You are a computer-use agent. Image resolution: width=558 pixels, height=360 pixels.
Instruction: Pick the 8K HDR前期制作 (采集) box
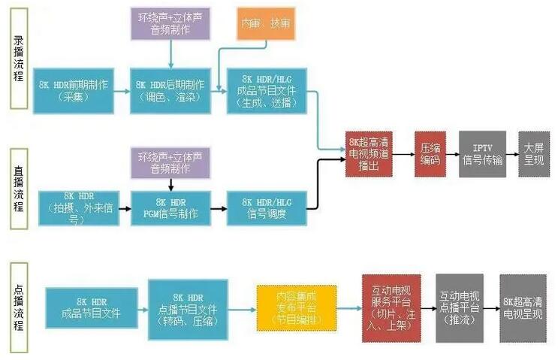[x=77, y=91]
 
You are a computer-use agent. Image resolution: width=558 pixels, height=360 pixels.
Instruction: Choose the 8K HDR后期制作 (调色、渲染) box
[x=172, y=91]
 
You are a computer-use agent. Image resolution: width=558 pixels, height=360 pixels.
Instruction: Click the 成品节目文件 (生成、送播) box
[x=268, y=91]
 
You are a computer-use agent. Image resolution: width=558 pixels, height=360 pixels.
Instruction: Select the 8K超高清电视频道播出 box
[x=370, y=154]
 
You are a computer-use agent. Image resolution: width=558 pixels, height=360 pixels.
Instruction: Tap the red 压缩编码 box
[x=431, y=154]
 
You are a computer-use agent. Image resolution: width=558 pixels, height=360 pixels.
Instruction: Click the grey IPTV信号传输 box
[x=481, y=154]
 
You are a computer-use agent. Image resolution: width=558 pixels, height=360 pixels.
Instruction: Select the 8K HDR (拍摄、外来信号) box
[x=77, y=208]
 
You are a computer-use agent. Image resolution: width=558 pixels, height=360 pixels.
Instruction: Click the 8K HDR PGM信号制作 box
[x=172, y=208]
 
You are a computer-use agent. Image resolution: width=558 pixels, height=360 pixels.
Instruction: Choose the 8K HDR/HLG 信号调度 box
[x=268, y=208]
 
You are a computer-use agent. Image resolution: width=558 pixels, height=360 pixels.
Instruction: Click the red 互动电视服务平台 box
[x=390, y=307]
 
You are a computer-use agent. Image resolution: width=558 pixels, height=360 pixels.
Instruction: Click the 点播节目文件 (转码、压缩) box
[x=188, y=307]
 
